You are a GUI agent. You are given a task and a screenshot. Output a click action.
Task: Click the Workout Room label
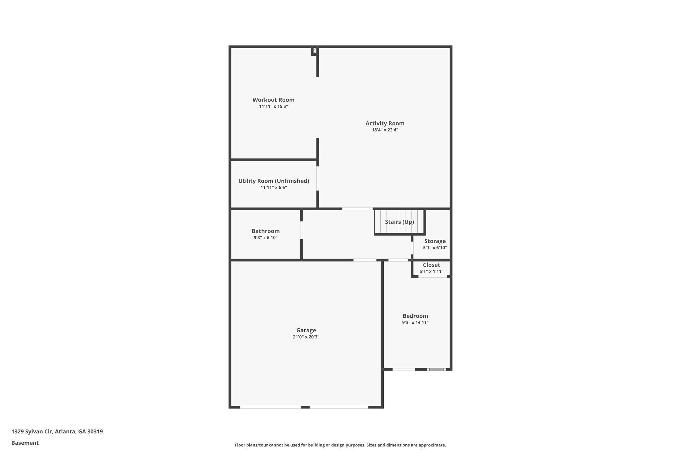273,100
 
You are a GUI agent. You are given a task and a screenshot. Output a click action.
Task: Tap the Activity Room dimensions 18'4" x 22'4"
385,130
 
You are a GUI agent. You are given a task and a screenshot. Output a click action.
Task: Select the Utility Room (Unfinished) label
274,181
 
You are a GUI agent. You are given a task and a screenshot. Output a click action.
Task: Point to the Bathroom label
265,231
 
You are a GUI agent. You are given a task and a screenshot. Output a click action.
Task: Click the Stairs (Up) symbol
399,222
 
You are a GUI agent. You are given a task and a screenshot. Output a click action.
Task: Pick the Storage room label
435,241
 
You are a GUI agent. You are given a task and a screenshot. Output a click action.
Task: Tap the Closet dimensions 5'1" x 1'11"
431,271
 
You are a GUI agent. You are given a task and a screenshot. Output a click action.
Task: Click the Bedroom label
415,316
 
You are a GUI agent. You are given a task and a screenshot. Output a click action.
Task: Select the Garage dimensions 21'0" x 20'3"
306,337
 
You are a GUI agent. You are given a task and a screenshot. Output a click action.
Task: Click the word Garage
306,330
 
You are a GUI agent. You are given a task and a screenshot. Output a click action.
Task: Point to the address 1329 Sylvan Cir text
57,432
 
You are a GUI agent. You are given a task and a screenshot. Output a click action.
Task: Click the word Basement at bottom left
25,443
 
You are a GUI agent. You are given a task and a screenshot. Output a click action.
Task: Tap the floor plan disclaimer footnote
340,445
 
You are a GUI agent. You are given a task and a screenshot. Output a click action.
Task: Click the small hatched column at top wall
315,51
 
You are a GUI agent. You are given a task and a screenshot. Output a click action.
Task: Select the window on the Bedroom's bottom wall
436,369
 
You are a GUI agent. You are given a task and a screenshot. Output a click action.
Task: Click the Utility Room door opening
318,178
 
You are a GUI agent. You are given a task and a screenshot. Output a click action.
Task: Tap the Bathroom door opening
302,230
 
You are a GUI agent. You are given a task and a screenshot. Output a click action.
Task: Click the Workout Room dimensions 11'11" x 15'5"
273,106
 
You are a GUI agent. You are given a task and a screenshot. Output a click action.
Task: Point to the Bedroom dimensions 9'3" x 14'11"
415,322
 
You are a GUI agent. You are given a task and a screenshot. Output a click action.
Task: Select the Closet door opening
432,276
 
